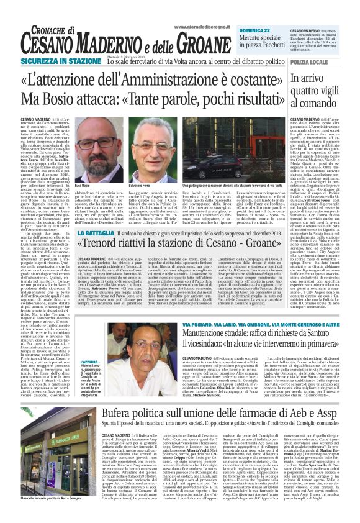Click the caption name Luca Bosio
[82, 186]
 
